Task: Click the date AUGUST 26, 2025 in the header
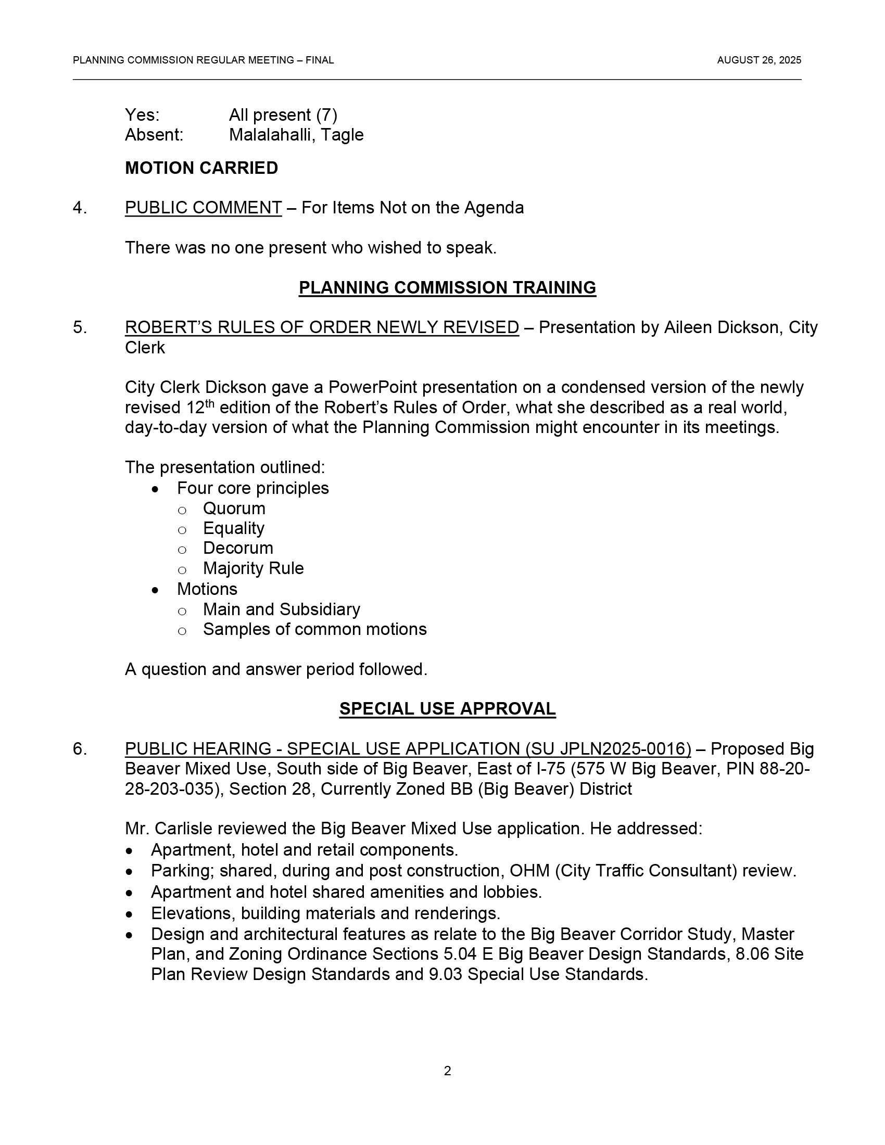tap(758, 60)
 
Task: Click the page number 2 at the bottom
tap(447, 1071)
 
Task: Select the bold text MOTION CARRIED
tap(201, 168)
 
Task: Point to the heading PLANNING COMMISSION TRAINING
tap(447, 287)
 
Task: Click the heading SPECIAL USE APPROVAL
tap(447, 708)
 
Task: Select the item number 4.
tap(80, 208)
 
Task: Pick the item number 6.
tap(80, 748)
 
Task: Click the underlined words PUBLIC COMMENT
tap(203, 208)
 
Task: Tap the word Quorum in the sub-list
tap(234, 508)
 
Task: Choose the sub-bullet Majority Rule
tap(253, 568)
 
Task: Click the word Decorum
tap(238, 548)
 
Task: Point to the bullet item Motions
tap(207, 589)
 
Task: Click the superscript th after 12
tap(210, 403)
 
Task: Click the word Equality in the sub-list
tap(233, 528)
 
